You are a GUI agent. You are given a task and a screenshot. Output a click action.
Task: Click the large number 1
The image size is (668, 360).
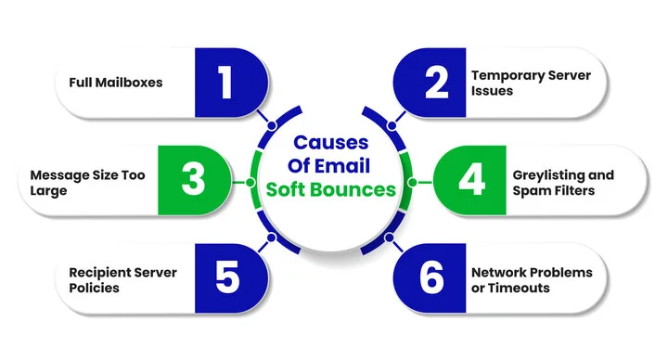(225, 83)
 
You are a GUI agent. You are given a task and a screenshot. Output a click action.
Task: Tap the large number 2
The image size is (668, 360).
(436, 83)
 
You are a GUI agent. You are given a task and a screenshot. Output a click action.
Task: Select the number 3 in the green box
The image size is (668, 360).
(193, 179)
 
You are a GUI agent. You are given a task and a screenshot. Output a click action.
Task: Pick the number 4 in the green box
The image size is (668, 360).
(471, 179)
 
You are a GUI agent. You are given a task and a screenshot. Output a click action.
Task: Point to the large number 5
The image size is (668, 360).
(227, 276)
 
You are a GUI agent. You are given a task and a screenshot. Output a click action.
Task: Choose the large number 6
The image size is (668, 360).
(431, 276)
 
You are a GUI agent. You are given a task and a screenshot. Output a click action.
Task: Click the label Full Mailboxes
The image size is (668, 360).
(116, 83)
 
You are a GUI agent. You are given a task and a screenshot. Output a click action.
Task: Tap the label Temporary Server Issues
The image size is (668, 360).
(531, 84)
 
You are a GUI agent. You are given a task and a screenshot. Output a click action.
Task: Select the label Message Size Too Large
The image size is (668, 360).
(88, 183)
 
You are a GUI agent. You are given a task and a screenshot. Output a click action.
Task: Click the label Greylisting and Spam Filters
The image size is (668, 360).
(563, 183)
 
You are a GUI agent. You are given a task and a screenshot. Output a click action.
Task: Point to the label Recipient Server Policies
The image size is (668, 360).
(122, 280)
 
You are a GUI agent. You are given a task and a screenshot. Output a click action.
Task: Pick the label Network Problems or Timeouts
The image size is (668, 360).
(532, 280)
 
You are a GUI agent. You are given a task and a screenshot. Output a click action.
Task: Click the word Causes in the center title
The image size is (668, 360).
(331, 142)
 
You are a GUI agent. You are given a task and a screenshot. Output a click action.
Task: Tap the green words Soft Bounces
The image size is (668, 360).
(331, 189)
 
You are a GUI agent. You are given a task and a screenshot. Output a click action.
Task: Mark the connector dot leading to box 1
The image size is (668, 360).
(272, 125)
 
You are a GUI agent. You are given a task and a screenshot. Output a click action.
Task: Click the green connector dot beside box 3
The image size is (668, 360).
(250, 183)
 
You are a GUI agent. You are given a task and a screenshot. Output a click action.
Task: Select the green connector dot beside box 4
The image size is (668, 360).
(412, 183)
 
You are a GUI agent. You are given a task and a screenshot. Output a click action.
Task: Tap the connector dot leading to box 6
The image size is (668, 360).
(389, 238)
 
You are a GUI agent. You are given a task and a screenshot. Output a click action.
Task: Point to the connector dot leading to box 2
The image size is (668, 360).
(392, 125)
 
